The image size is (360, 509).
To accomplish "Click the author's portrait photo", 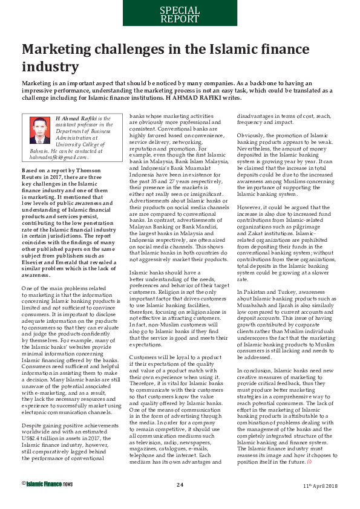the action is pyautogui.click(x=40, y=130).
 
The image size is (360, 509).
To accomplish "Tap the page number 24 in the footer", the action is pyautogui.click(x=180, y=501).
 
